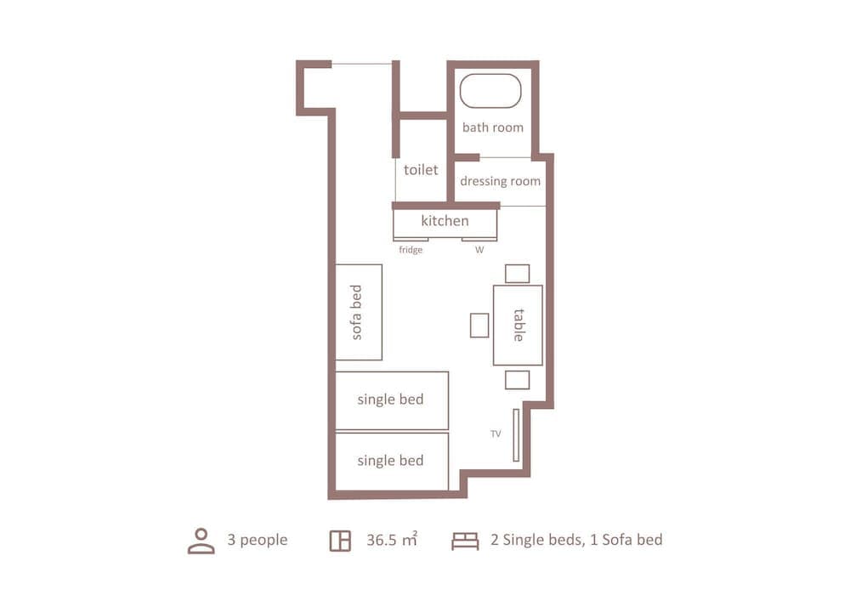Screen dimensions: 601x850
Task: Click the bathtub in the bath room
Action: click(x=490, y=91)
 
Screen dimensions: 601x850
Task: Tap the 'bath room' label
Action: click(x=492, y=128)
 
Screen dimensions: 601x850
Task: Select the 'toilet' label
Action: click(x=421, y=170)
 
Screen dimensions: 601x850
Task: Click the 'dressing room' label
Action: click(x=500, y=181)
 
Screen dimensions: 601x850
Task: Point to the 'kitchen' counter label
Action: click(x=445, y=221)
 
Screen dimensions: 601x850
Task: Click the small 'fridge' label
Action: click(x=411, y=250)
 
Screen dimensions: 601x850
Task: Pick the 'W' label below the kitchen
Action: click(x=479, y=250)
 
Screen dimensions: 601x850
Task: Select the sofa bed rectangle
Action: click(x=358, y=312)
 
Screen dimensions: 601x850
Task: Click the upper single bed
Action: click(x=391, y=400)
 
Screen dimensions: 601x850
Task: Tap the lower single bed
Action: click(x=391, y=462)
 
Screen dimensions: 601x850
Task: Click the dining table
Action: click(x=518, y=325)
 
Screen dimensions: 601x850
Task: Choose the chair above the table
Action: click(x=517, y=274)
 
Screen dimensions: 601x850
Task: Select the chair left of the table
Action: click(x=479, y=325)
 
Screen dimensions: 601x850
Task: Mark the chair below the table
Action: click(x=517, y=380)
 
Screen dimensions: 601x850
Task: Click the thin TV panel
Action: click(x=516, y=435)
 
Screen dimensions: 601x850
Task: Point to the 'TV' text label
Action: click(x=496, y=434)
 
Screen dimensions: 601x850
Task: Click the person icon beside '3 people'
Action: click(x=201, y=541)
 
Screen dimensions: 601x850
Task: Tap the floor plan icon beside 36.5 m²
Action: click(x=340, y=541)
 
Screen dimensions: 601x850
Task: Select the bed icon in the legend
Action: click(x=465, y=541)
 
